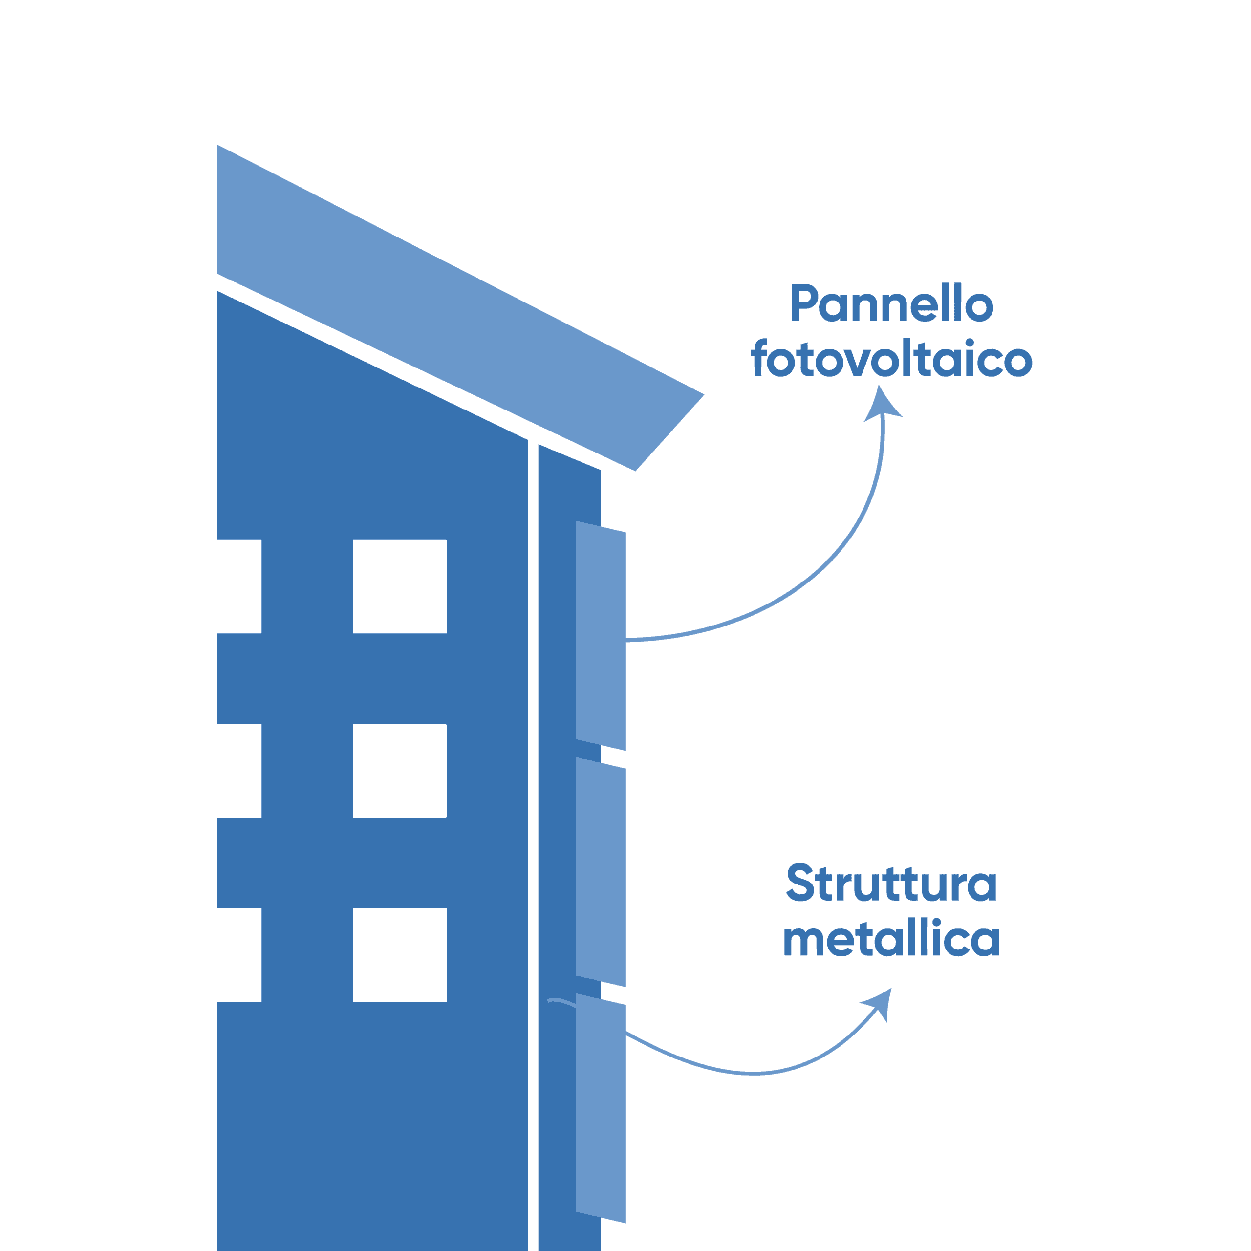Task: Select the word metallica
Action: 892,938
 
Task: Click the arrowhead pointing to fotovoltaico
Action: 882,404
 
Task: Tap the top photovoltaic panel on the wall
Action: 600,635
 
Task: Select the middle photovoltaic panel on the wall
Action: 600,872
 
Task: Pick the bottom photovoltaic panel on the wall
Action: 600,1108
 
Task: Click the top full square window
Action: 400,586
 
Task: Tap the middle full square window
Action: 400,771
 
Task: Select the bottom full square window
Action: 400,955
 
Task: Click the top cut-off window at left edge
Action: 239,586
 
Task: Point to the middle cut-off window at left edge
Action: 239,771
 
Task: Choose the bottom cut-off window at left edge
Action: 239,955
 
